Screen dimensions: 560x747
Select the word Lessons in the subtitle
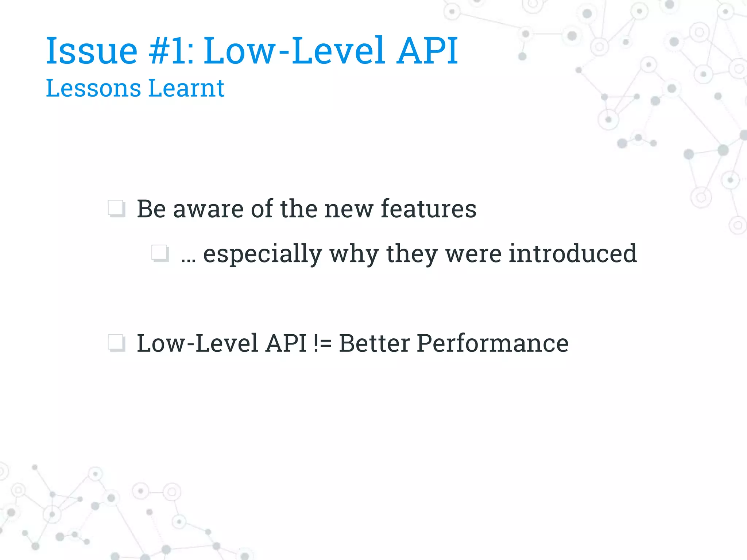(93, 88)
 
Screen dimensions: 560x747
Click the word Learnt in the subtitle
(186, 88)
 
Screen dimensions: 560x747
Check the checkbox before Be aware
(116, 209)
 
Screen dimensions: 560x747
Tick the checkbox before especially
(160, 253)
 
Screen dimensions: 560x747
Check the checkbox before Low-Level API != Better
(116, 343)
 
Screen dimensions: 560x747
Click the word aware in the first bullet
(208, 209)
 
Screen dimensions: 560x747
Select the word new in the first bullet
(349, 209)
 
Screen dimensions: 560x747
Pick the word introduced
(573, 253)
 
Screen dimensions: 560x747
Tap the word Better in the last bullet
(374, 343)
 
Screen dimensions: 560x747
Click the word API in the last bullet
(286, 343)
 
